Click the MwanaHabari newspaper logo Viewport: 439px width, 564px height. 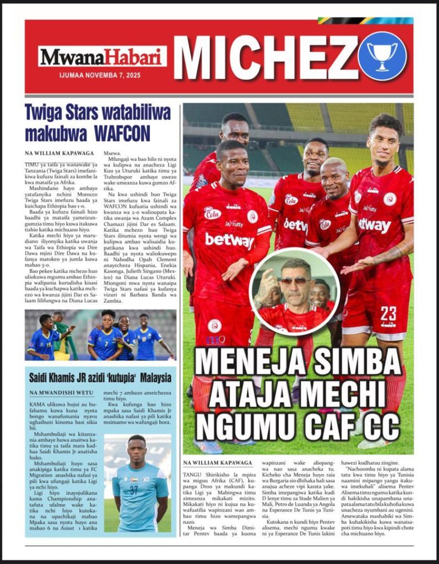[x=102, y=56]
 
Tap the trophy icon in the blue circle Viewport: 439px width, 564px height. [x=382, y=56]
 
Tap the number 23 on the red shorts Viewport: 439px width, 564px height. [x=388, y=314]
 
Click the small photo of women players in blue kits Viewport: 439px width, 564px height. [x=101, y=334]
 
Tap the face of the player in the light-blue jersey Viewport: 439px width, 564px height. [x=137, y=449]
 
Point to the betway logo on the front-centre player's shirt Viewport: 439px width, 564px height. [x=230, y=241]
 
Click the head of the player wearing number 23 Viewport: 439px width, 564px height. [x=384, y=138]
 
